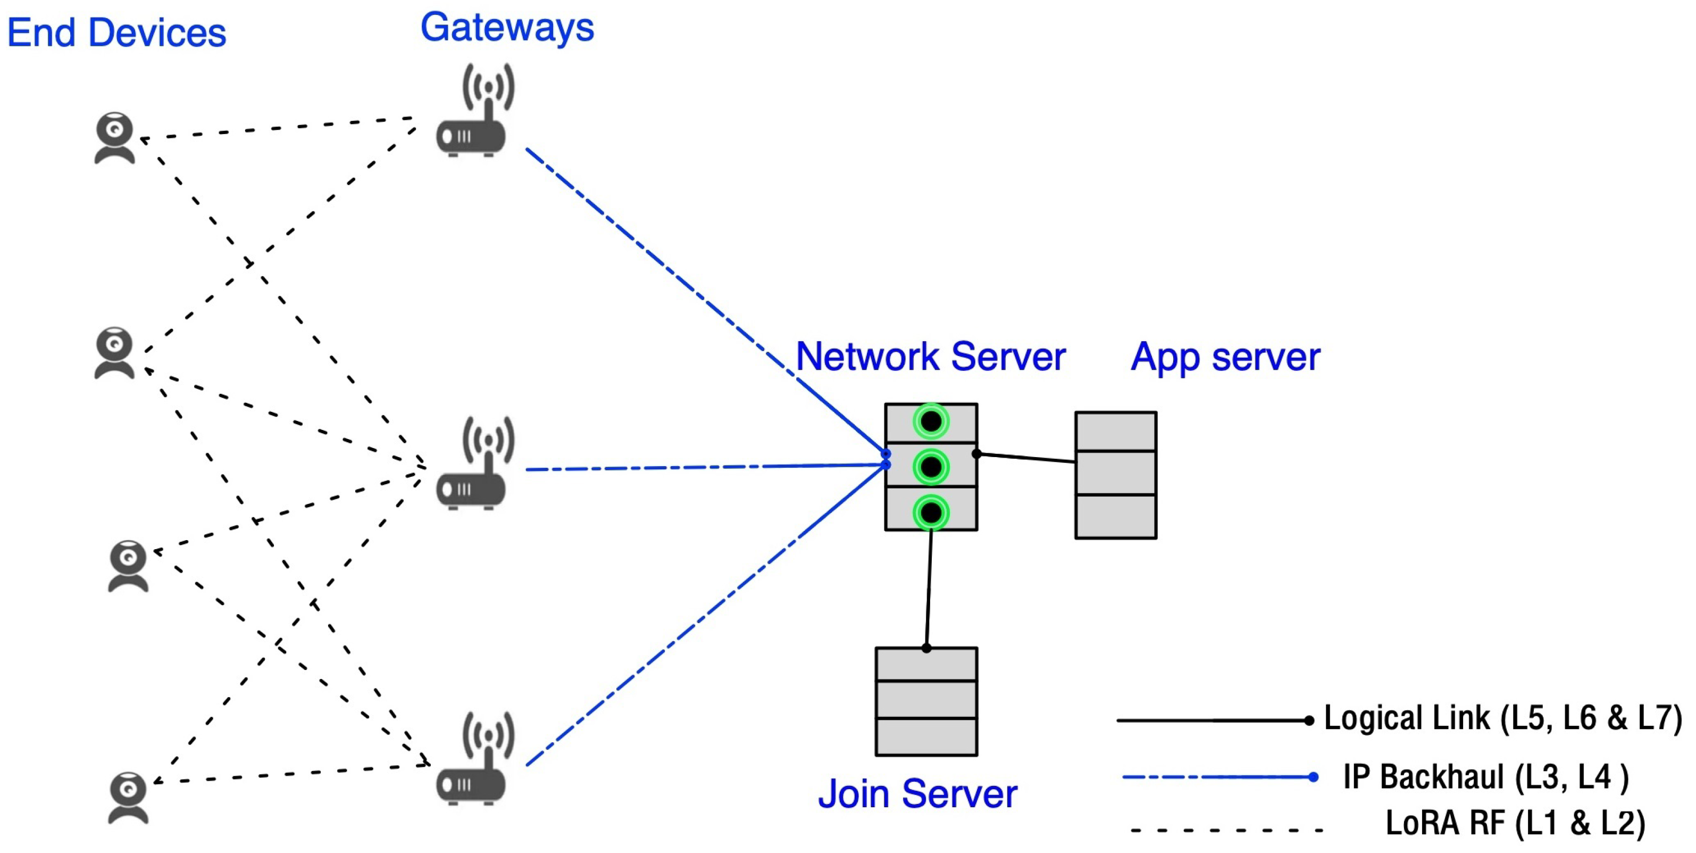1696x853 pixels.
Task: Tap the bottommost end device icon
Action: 128,798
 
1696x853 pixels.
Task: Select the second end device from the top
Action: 114,352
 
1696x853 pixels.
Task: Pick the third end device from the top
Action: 128,566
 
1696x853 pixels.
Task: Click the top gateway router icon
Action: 472,112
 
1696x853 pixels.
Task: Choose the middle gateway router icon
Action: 472,465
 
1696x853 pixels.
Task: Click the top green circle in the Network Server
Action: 931,421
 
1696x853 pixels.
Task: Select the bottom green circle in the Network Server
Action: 931,512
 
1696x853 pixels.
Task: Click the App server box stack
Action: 1115,475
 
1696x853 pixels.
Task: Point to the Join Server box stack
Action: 926,701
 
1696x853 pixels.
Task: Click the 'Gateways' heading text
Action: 507,28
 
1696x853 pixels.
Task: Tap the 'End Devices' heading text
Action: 116,33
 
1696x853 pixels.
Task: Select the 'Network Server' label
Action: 930,357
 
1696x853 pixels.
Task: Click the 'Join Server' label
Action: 917,794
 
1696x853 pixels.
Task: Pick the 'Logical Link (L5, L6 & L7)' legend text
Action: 1502,718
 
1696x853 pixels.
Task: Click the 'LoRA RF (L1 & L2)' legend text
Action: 1514,823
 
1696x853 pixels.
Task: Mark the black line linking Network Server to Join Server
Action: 929,590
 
